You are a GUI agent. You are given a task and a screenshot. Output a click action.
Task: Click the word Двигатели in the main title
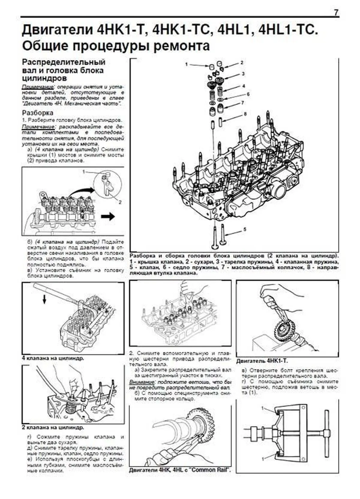click(57, 31)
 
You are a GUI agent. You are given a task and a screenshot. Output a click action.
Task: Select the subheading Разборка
click(38, 113)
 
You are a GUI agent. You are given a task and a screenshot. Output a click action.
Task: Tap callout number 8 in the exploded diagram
click(245, 114)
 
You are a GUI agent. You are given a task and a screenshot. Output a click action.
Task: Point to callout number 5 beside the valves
click(245, 229)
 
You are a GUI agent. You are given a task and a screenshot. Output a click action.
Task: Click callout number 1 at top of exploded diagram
click(186, 64)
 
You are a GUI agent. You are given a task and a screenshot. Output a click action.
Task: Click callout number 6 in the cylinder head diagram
click(248, 94)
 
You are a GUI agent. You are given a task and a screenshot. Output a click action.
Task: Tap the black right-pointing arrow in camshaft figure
click(108, 216)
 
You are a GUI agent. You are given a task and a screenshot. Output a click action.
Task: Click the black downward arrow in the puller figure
click(44, 299)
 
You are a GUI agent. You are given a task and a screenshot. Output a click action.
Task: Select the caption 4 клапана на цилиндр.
click(53, 358)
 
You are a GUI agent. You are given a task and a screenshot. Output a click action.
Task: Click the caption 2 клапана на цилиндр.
click(53, 427)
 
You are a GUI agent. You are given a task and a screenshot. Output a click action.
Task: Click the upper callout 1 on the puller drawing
click(263, 409)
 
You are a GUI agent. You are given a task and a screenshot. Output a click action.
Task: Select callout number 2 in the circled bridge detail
click(120, 202)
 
